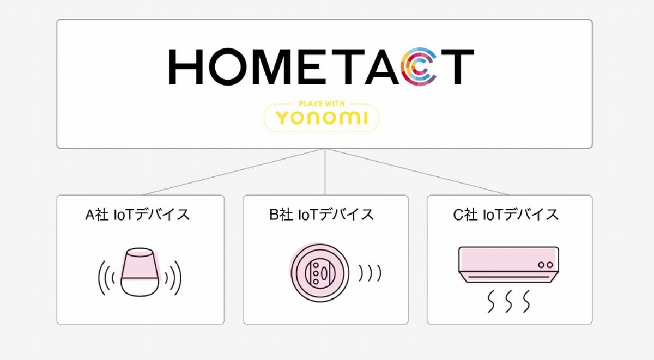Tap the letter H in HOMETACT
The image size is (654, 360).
click(186, 67)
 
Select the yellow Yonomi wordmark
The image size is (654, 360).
click(322, 118)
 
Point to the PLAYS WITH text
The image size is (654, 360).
click(322, 103)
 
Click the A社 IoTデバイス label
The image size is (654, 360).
click(137, 215)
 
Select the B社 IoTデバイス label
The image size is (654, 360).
click(322, 215)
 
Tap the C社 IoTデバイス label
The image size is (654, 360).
click(506, 215)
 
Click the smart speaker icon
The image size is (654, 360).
click(140, 272)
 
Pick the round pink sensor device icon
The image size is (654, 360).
click(319, 273)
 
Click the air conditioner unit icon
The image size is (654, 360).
click(508, 265)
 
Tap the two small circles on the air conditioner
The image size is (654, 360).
click(546, 265)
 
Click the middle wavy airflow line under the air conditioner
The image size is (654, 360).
click(508, 301)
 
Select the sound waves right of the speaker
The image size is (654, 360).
click(173, 278)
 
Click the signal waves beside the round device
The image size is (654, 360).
click(370, 273)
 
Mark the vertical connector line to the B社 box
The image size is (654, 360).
click(325, 172)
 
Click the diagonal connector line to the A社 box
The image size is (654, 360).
click(234, 172)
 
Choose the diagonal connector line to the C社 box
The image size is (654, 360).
click(417, 172)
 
